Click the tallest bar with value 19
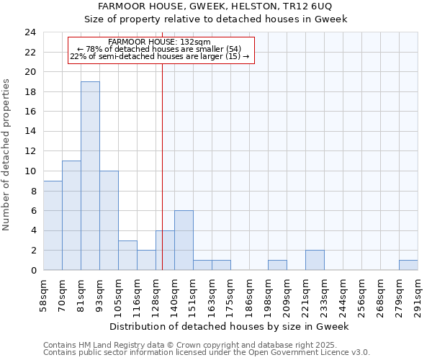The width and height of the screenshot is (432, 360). coord(90,176)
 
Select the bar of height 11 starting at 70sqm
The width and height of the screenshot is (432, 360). coord(71,215)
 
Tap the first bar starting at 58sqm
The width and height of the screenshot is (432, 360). coord(53,225)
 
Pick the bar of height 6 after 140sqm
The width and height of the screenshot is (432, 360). coord(184,240)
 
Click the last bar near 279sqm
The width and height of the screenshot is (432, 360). coord(408,265)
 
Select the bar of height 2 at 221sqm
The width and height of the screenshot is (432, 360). coord(315,260)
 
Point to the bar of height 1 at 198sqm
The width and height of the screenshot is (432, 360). coord(277,265)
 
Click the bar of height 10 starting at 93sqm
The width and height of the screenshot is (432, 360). coord(109,220)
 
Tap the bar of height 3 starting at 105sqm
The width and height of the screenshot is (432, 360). coord(127,255)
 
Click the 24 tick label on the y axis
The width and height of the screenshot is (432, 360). coord(30,32)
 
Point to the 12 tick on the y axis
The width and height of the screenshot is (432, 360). coord(30,151)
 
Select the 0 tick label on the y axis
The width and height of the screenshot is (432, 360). coord(32,270)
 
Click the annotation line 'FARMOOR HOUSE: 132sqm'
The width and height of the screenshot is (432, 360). coord(159,42)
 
